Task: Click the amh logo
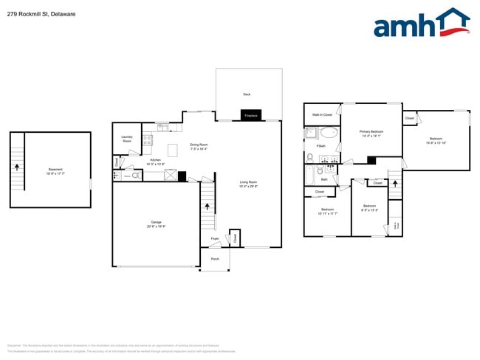421,24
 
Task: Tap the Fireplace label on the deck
251,115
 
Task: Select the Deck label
247,94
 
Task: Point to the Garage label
156,222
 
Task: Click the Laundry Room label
127,139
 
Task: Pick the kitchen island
174,150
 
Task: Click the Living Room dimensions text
247,186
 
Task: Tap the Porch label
215,259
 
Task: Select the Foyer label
215,239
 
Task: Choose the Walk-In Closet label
322,115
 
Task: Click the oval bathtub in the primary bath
329,134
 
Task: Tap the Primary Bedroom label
371,132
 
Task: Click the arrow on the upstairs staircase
395,183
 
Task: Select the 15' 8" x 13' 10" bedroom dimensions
436,143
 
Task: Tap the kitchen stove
148,138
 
